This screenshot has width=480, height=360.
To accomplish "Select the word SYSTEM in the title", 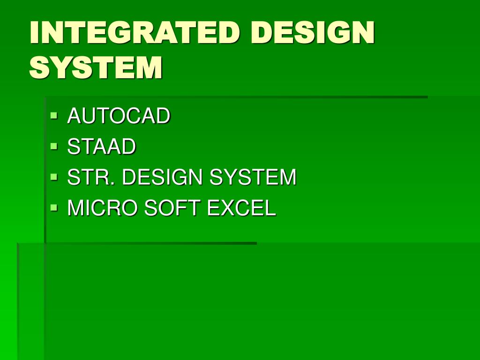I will (96, 67).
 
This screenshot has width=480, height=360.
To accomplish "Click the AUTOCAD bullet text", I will (119, 116).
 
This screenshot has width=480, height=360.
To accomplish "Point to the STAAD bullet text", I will (102, 147).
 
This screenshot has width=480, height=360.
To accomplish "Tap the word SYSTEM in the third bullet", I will (253, 178).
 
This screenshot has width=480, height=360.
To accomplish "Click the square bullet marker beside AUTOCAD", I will (54, 114).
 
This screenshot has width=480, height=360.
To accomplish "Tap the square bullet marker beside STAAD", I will (54, 145).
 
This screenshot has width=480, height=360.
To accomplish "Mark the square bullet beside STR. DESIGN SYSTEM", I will (54, 176).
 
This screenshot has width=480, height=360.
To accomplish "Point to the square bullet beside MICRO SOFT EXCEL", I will (54, 207).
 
